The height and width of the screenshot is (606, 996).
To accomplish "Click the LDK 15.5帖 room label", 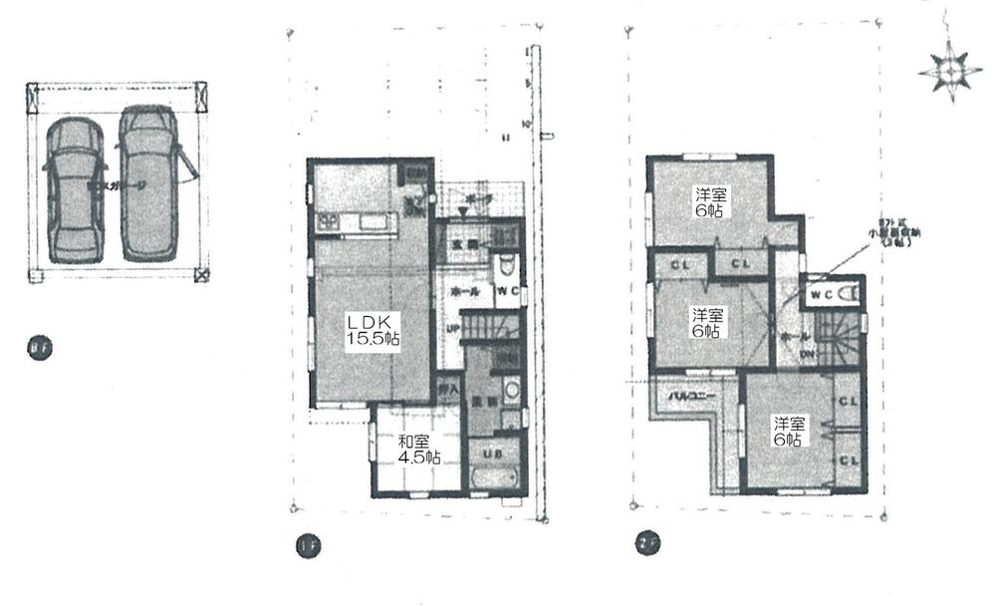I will [x=373, y=330].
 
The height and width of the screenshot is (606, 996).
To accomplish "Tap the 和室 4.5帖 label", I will [x=418, y=450].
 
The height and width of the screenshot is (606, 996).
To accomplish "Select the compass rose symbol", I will [x=949, y=71].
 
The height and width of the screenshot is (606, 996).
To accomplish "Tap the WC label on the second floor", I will [x=823, y=295].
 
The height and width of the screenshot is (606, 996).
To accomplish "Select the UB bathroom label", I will [x=491, y=453].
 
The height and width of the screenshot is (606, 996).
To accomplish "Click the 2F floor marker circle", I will [x=645, y=544].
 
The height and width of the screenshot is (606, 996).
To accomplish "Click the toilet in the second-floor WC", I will [x=850, y=295].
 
